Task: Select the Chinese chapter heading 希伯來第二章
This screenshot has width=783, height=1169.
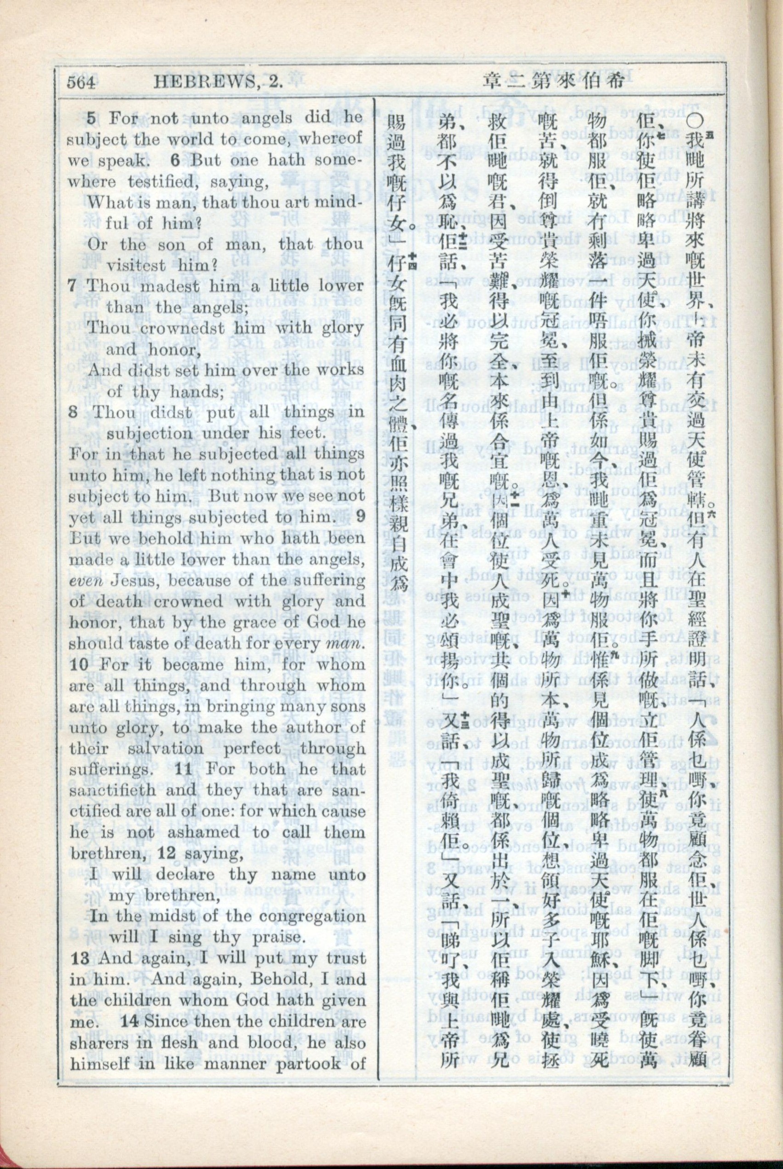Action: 554,81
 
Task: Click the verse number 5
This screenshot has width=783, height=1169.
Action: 92,118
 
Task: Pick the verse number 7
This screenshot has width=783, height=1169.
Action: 73,287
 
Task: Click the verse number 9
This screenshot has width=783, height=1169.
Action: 360,517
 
